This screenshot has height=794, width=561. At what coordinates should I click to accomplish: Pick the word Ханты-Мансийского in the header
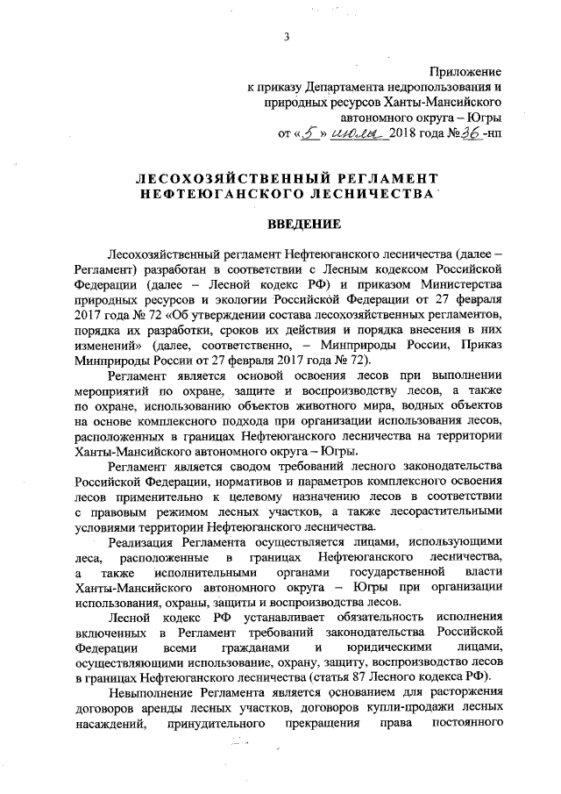(449, 103)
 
